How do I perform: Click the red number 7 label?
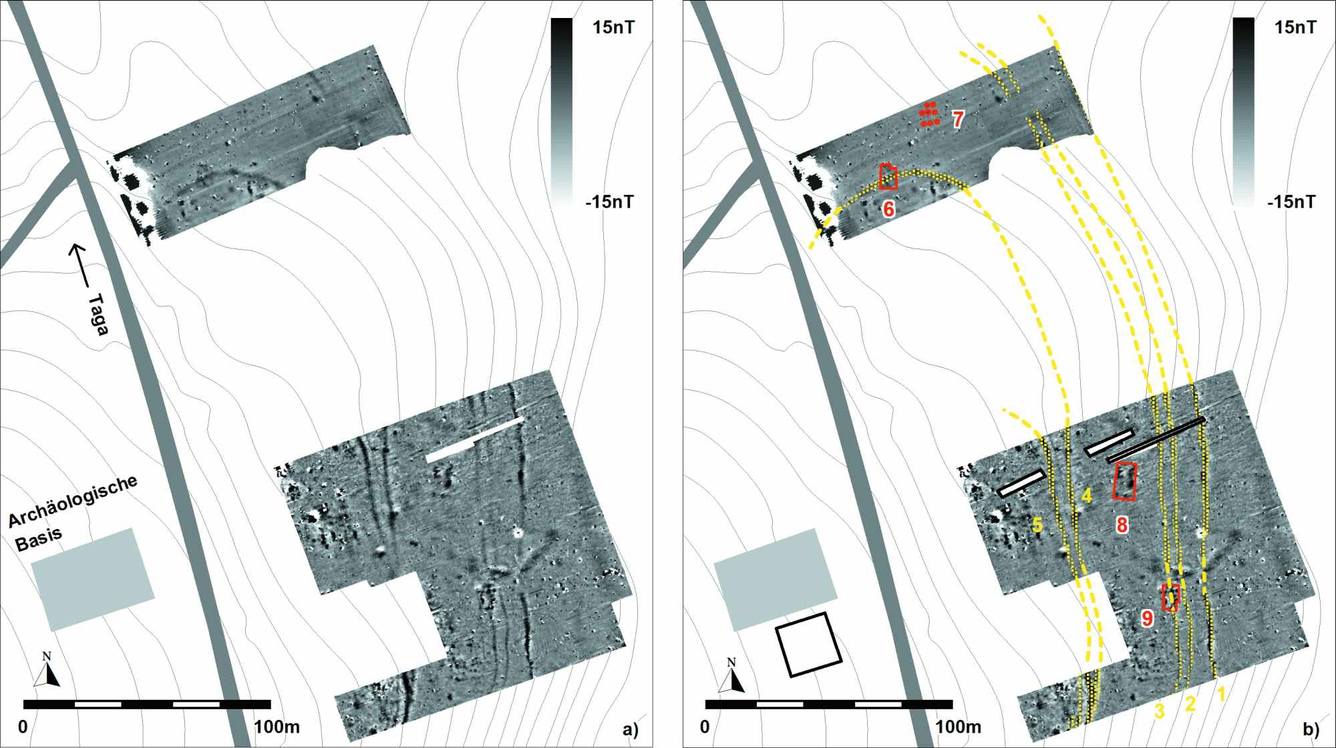958,120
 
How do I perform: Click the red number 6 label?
888,209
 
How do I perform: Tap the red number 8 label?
1122,525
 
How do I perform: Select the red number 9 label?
1147,618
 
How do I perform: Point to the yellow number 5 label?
1037,525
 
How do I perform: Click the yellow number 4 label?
1087,496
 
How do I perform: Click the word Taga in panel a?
98,314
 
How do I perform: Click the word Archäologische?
73,503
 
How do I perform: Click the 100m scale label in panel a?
277,727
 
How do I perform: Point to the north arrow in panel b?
732,675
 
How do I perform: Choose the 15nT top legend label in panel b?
1295,27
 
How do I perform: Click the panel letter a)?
630,729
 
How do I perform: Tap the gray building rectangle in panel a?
93,579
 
